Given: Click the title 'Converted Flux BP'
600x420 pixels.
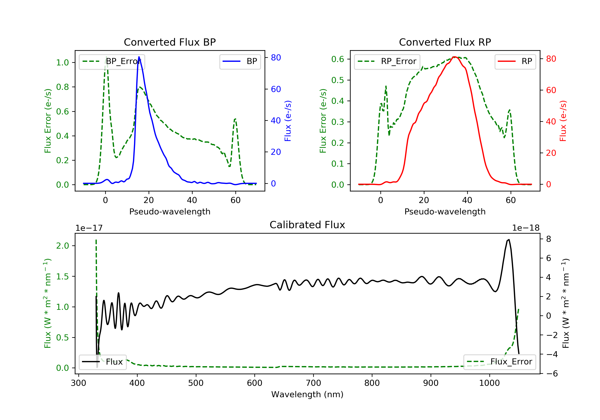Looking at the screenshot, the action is pyautogui.click(x=170, y=42).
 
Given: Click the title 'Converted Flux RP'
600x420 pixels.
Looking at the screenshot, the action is pyautogui.click(x=445, y=42).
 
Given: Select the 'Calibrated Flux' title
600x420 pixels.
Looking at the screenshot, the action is pyautogui.click(x=307, y=225).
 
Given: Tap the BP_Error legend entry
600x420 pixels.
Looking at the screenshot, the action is pyautogui.click(x=112, y=62).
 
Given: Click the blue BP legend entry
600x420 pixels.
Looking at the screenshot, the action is pyautogui.click(x=240, y=62).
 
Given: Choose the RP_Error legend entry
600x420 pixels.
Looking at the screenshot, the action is pyautogui.click(x=387, y=62).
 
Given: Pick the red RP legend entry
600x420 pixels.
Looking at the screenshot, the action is pyautogui.click(x=515, y=62).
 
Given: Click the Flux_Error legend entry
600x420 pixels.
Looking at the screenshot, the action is pyautogui.click(x=500, y=362).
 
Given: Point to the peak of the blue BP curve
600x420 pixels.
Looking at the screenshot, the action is pyautogui.click(x=139, y=57).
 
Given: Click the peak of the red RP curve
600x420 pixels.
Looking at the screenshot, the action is pyautogui.click(x=454, y=57).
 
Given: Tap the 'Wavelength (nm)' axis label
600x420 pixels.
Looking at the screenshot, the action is pyautogui.click(x=307, y=394).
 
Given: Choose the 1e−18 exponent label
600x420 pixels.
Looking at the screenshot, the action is pyautogui.click(x=526, y=228).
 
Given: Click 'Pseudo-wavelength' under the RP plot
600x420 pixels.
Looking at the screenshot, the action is pyautogui.click(x=445, y=211).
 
